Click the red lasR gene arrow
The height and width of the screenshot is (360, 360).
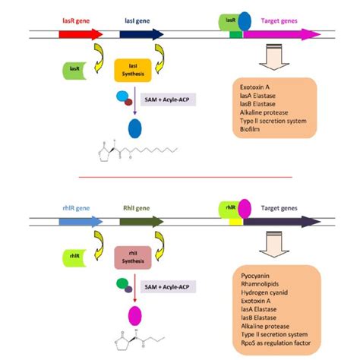coord(81,35)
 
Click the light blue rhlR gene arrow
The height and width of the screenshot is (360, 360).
coord(81,222)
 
